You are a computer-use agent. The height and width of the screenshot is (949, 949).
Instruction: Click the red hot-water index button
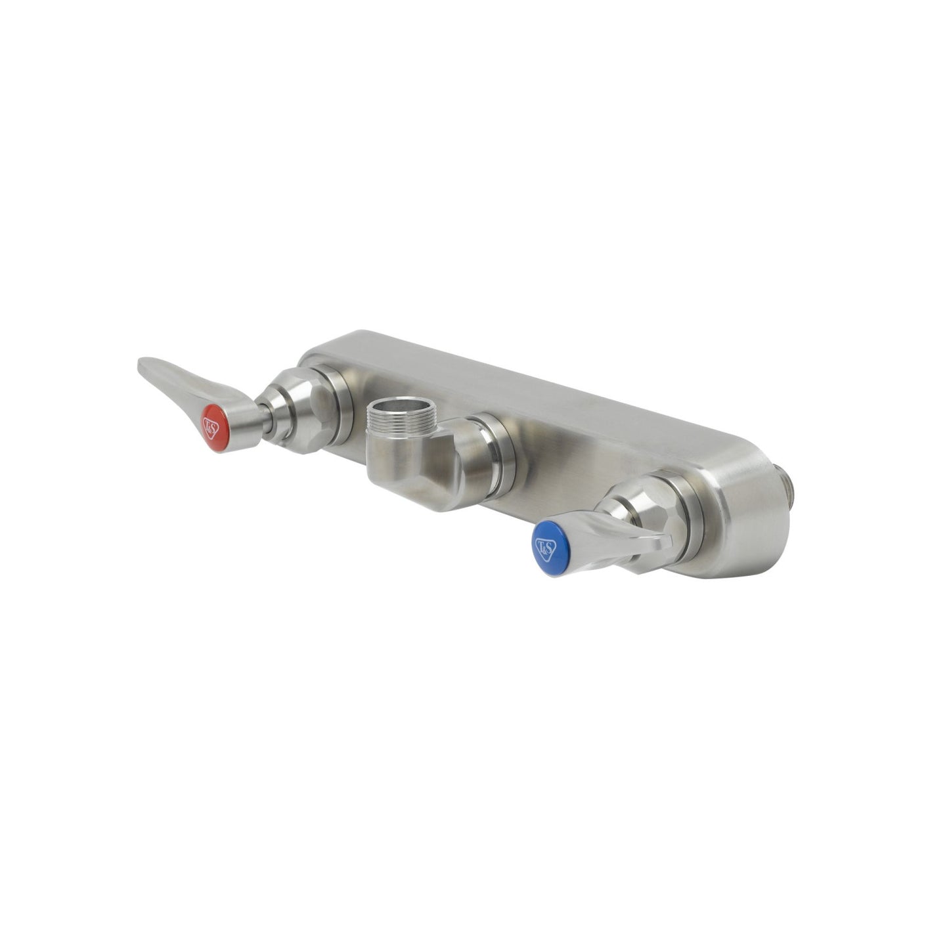211,428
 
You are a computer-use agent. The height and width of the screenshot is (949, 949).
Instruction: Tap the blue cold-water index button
545,549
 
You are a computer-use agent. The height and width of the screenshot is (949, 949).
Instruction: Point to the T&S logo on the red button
211,428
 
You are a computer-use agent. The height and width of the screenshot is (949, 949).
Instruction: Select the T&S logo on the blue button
545,549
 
